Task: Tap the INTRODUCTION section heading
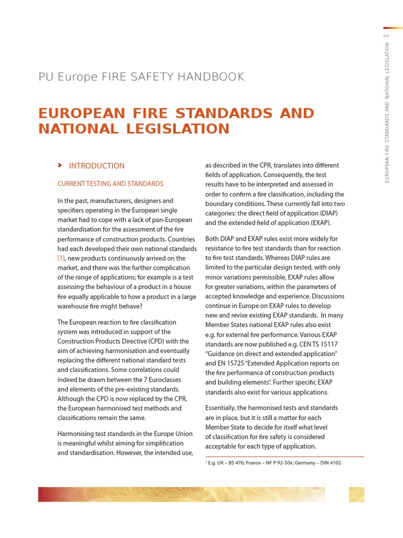[97, 165]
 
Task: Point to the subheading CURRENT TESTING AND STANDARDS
[110, 183]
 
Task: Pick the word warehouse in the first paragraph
[76, 306]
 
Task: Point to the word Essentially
[224, 408]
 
